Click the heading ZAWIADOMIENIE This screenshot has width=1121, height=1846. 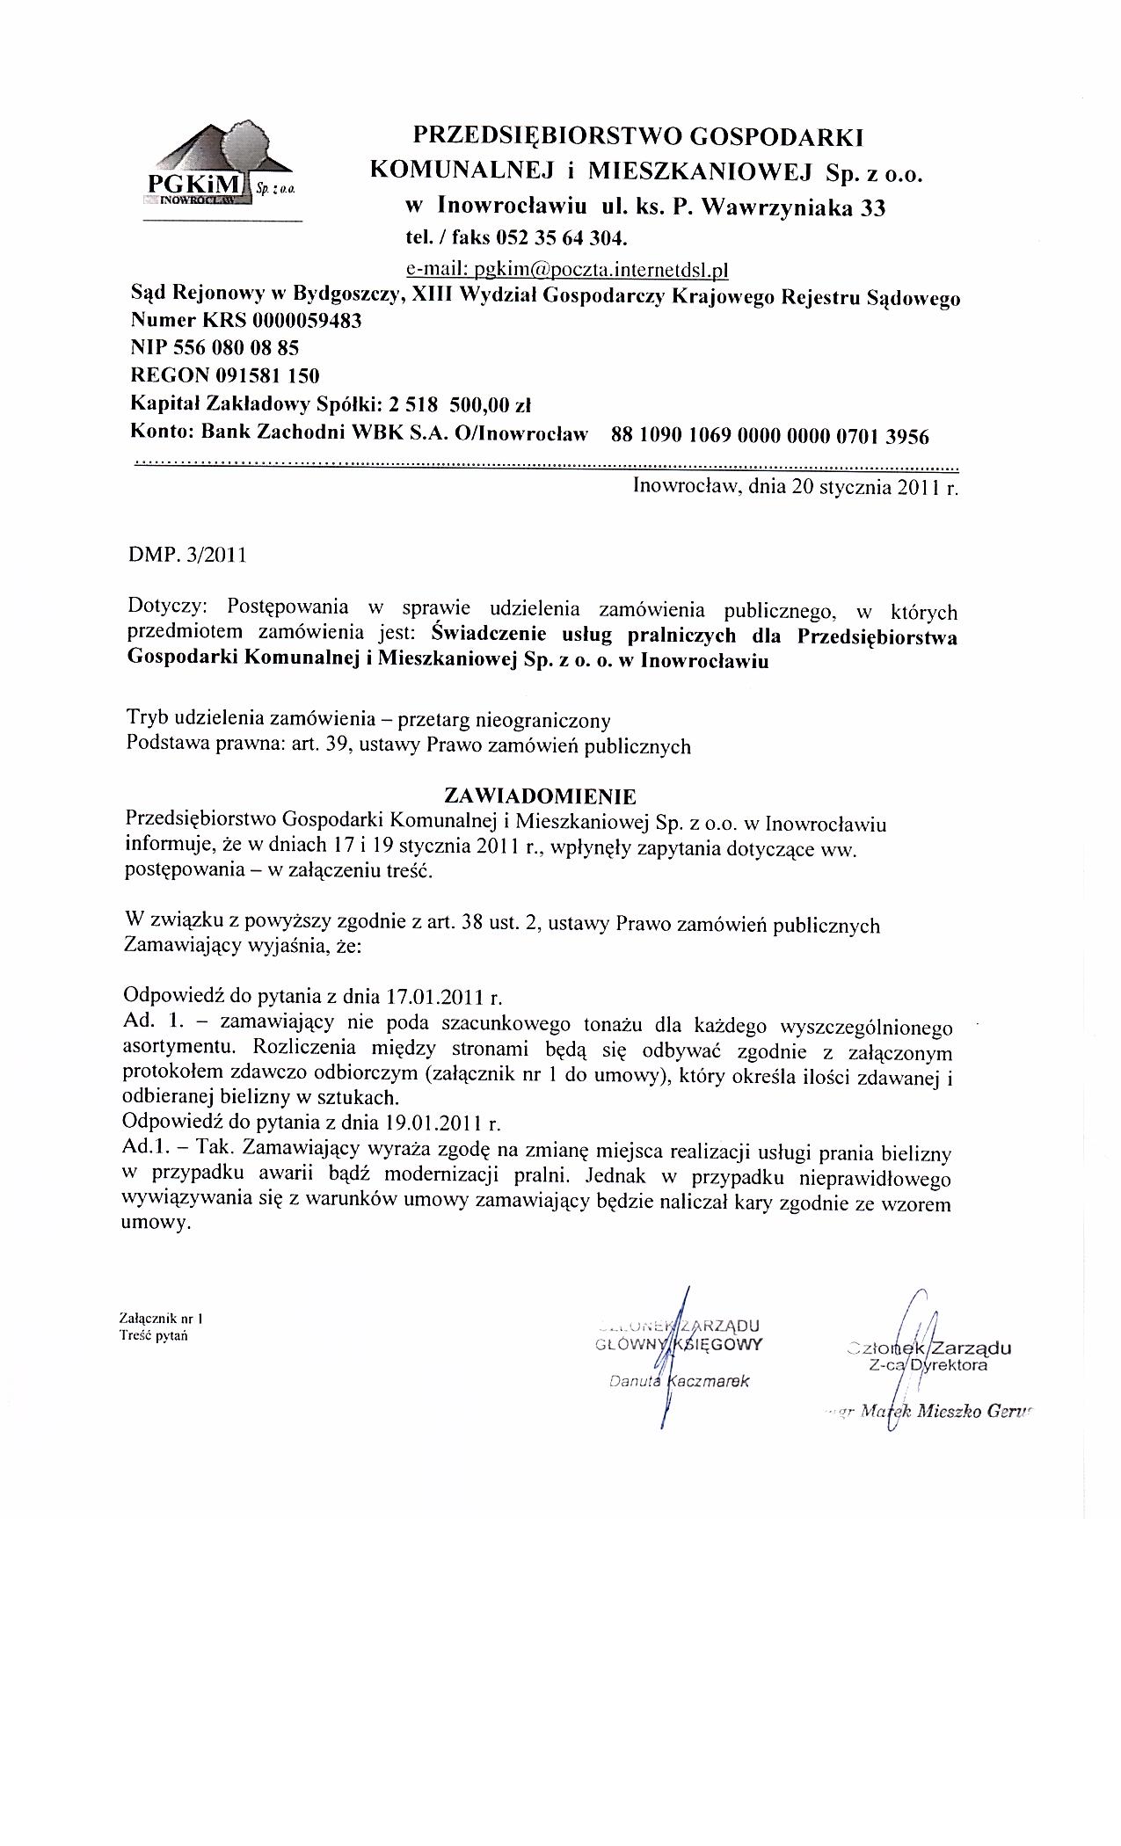tap(540, 796)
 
